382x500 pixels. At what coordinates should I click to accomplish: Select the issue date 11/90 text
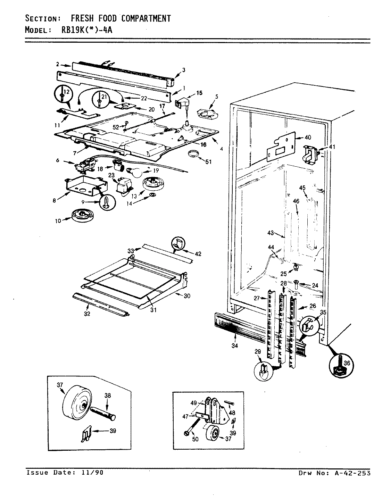94,472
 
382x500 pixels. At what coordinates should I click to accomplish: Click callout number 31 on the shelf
153,310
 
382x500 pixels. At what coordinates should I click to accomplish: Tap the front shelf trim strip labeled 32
101,303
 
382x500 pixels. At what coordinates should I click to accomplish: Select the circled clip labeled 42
178,244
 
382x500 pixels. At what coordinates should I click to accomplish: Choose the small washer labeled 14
152,198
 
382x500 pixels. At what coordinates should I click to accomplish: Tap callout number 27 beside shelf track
257,298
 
